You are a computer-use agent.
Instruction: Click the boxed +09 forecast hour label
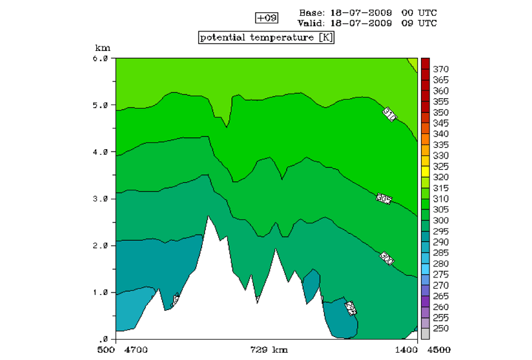coord(267,18)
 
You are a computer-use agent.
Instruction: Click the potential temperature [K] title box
coord(267,38)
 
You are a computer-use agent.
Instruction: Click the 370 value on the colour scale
coord(441,69)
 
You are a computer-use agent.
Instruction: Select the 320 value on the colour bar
coord(441,177)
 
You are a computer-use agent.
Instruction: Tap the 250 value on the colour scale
coord(441,328)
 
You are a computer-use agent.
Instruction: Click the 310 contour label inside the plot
coord(389,114)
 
